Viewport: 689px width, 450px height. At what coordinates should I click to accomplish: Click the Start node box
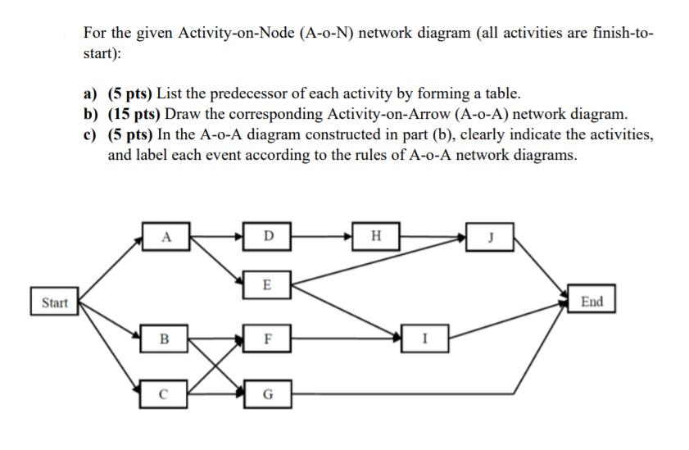click(54, 302)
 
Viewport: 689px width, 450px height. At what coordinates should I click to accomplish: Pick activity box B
click(166, 336)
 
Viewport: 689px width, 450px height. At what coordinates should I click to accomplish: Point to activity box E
click(268, 284)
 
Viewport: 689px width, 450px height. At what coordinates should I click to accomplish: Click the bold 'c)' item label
click(91, 134)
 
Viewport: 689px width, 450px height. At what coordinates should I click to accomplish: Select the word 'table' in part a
click(501, 94)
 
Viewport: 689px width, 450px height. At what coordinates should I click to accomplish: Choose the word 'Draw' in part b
click(183, 114)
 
